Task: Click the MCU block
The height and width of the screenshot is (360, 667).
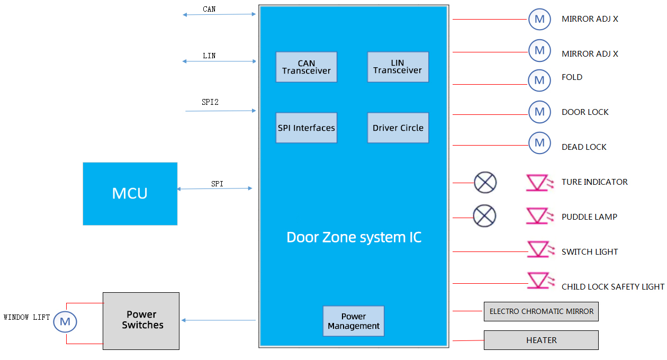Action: [x=130, y=194]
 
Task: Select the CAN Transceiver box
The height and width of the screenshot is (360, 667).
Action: [x=306, y=67]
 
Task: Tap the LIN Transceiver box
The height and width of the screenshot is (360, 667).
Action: [x=398, y=67]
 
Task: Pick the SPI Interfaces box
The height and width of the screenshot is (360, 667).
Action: [x=306, y=128]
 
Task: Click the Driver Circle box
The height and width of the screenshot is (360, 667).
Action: [x=398, y=128]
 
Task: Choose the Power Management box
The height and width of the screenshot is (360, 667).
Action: [x=353, y=321]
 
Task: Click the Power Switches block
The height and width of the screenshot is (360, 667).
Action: [x=141, y=321]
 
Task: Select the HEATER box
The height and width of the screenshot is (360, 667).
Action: [x=541, y=340]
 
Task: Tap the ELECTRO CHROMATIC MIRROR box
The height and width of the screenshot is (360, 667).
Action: [x=541, y=311]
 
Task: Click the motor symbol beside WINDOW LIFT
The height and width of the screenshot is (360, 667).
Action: [x=65, y=321]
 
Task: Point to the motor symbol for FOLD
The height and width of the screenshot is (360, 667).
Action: [x=539, y=80]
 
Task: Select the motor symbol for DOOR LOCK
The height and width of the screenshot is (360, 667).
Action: [x=539, y=112]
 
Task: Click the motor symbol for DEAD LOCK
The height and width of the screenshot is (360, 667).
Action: [x=539, y=143]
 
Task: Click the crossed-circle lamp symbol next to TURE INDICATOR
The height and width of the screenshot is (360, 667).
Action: [x=485, y=183]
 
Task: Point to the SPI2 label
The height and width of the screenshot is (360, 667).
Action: [x=210, y=102]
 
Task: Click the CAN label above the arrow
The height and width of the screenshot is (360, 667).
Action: [x=209, y=9]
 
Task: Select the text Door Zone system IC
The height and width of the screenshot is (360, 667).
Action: [x=354, y=237]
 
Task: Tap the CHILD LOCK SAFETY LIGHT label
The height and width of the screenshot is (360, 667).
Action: [x=612, y=287]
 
